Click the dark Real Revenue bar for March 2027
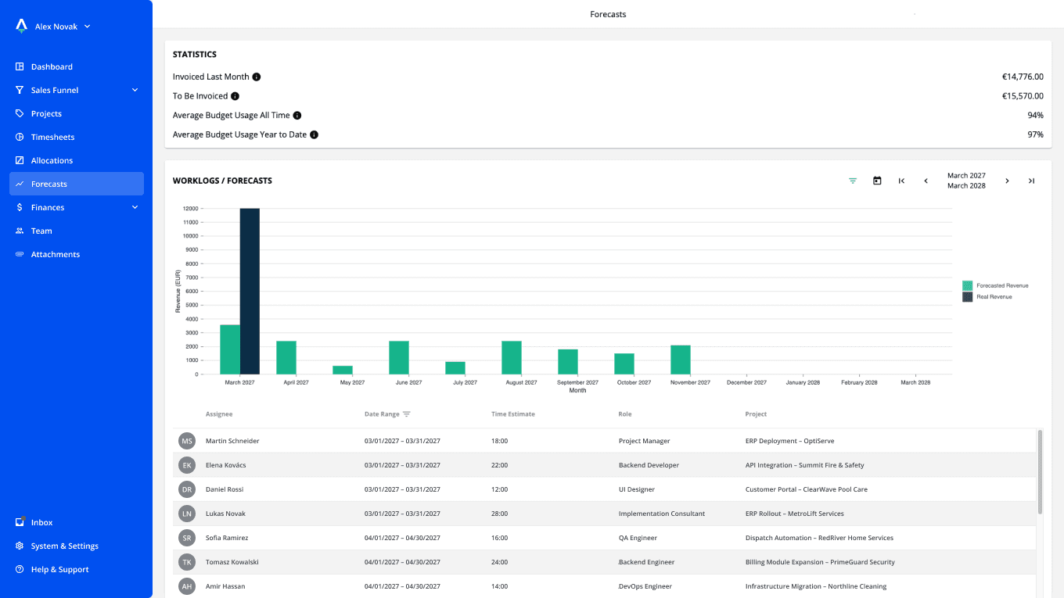[x=250, y=291]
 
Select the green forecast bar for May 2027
[x=343, y=370]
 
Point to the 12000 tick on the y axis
[x=190, y=209]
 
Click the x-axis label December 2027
[x=746, y=382]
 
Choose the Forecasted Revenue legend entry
[x=995, y=286]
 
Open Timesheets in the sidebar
[x=52, y=137]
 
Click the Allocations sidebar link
[x=52, y=160]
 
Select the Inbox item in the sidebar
[x=41, y=522]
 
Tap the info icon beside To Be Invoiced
[x=235, y=96]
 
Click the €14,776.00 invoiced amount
[x=1022, y=77]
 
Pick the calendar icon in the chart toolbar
[x=877, y=181]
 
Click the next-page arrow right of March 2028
[x=1007, y=181]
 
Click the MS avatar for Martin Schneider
[x=187, y=441]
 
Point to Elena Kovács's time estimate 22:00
[x=499, y=465]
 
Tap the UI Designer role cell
[x=636, y=489]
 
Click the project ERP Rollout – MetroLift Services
[x=794, y=514]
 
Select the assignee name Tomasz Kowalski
[x=232, y=562]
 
